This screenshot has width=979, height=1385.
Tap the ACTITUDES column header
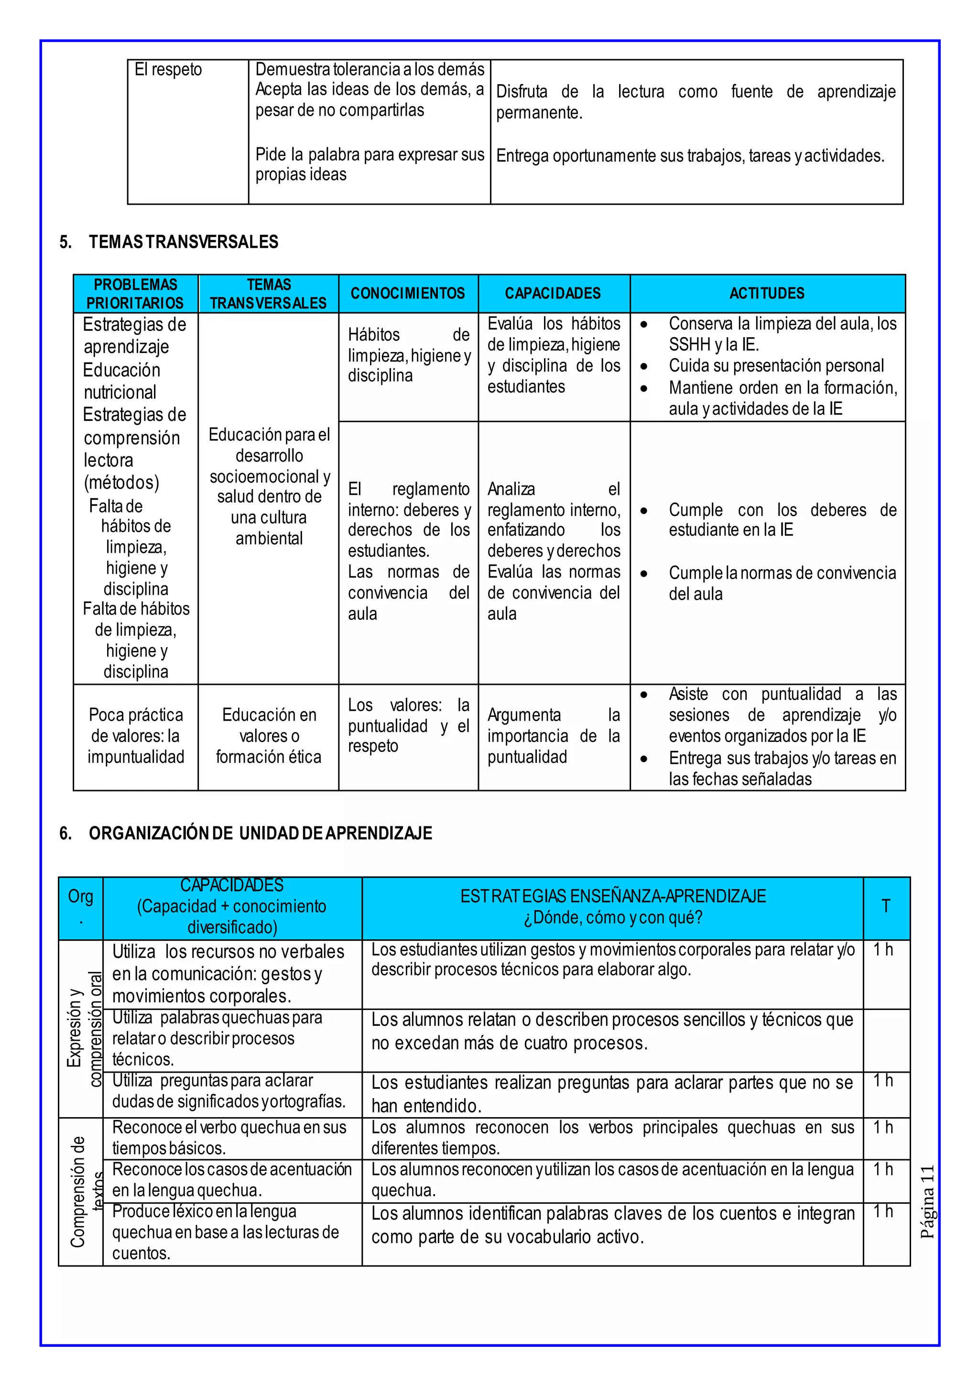(767, 294)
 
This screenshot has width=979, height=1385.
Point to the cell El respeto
(168, 70)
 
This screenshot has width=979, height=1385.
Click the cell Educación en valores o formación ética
(269, 736)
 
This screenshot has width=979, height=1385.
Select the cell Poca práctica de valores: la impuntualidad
(136, 736)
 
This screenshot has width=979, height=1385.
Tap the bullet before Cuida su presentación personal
(644, 367)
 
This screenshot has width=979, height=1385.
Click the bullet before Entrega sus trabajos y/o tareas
(644, 759)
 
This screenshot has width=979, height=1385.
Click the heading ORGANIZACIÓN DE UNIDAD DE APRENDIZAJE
(260, 833)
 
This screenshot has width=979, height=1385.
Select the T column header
(886, 906)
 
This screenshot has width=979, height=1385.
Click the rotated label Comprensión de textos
(85, 1191)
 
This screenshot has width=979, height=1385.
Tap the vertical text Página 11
(928, 1201)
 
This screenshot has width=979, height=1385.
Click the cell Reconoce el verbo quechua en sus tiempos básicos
(229, 1137)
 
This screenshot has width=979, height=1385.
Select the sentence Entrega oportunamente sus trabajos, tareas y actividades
(690, 156)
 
